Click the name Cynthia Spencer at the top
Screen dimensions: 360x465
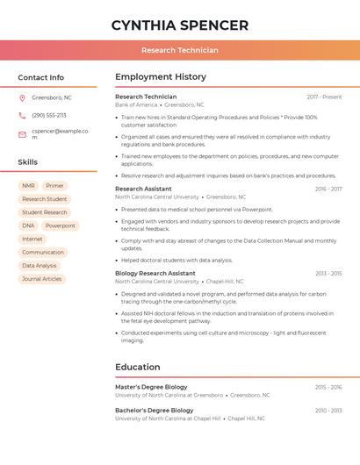tap(180, 25)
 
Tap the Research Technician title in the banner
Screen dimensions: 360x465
tap(180, 51)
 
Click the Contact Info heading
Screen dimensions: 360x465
tap(41, 77)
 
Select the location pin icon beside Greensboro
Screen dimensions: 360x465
tap(22, 97)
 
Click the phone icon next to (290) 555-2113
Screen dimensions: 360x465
tap(22, 115)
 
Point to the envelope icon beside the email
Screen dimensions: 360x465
tap(22, 134)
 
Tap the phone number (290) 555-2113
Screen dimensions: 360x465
tap(49, 115)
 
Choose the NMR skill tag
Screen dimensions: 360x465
tap(29, 186)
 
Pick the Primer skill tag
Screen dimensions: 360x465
tap(54, 186)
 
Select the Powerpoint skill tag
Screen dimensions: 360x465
tap(61, 225)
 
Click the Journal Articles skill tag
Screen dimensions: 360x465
tap(42, 279)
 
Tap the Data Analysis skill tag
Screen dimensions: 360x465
tap(40, 266)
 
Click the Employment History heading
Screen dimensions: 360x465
tap(161, 77)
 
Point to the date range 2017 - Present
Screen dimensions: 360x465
tap(324, 97)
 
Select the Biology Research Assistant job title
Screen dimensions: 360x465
tap(155, 273)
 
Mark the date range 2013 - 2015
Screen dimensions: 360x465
tap(328, 273)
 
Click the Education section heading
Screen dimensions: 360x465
tap(138, 367)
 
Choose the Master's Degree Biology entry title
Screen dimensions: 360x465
tap(151, 387)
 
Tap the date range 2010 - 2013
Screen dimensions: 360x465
tap(328, 411)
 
